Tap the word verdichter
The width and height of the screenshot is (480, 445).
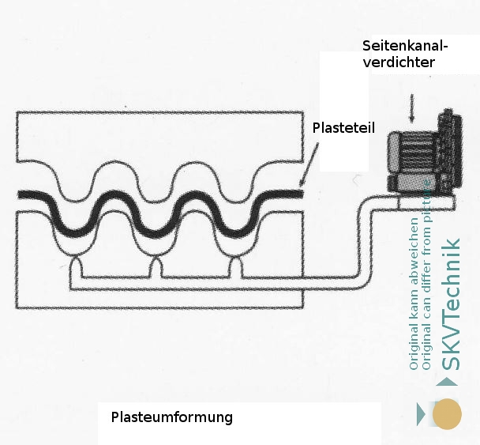(x=398, y=62)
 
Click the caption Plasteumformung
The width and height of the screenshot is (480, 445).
(x=171, y=417)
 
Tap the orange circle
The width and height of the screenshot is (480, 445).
(x=447, y=413)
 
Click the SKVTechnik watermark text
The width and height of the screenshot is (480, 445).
(x=452, y=304)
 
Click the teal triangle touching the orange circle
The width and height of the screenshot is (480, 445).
(x=422, y=413)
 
